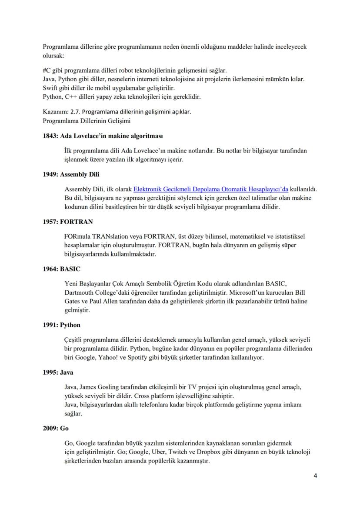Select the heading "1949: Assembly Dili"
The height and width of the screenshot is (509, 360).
click(71, 174)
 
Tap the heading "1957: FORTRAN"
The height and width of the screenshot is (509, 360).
click(67, 222)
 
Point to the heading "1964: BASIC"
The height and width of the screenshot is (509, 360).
click(61, 269)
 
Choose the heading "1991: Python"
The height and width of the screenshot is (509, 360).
click(61, 325)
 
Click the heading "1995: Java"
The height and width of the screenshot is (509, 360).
click(58, 373)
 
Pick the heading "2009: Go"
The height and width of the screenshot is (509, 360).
click(56, 428)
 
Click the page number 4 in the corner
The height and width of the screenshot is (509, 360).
click(315, 476)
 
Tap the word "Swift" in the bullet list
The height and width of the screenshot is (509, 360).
click(50, 88)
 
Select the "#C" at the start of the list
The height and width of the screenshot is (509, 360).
click(47, 70)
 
